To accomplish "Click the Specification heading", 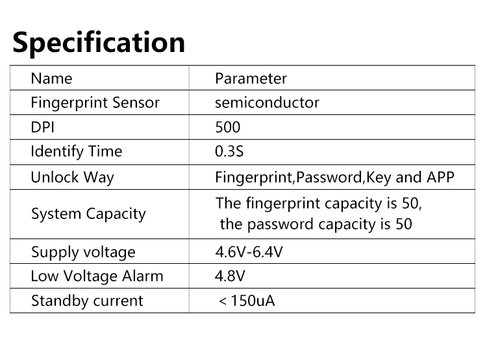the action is point(99,43).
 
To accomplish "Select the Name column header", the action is point(51,79).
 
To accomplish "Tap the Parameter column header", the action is point(251,79).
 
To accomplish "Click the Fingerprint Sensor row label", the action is point(95,103).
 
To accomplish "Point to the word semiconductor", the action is point(267,103).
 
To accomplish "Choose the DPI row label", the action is point(43,127).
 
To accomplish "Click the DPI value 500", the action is point(228,127).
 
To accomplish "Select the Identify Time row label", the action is point(77,151).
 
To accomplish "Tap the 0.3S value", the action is point(229,151).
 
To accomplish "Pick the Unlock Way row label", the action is point(72,177).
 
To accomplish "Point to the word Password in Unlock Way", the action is point(329,177).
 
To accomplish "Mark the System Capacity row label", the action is point(88,214).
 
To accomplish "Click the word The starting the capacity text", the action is point(229,203).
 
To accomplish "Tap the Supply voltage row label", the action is point(83,252).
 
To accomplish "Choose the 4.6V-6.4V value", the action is point(249,252).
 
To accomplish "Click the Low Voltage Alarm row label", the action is point(97,276).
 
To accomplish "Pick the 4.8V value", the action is point(230,276).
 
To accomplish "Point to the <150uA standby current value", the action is point(247,301).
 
